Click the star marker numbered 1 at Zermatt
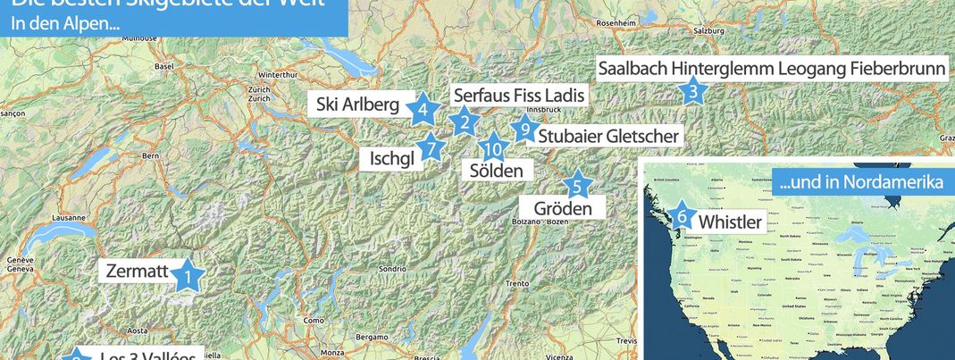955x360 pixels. tap(188, 276)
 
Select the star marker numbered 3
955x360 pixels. tap(692, 91)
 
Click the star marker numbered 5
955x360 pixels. tap(577, 186)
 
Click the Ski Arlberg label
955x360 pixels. tap(357, 105)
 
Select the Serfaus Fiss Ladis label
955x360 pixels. tap(519, 95)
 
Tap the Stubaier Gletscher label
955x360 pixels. tap(608, 136)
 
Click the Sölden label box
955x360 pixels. tap(497, 170)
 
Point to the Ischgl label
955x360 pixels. tap(391, 159)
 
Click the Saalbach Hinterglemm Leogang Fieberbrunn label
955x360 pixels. tap(772, 69)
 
